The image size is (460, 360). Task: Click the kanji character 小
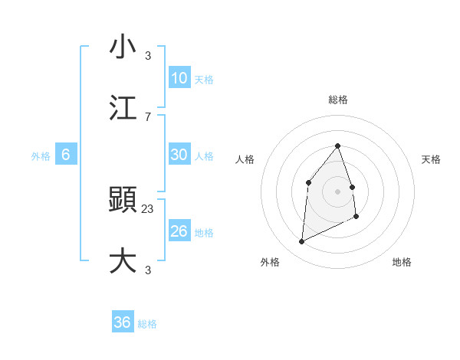coord(123,47)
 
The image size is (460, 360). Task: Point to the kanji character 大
coord(123,260)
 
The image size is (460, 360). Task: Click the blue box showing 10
coord(179,78)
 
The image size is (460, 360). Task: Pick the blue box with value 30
coord(179,155)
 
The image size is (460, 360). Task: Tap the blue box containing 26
coord(179,231)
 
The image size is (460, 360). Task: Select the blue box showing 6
coord(65,155)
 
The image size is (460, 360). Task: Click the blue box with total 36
coord(122,322)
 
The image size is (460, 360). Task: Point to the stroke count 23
coord(148,208)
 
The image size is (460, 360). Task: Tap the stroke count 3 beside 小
coord(148,56)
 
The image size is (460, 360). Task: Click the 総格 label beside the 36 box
coord(147,324)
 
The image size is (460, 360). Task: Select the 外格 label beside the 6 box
coord(41,156)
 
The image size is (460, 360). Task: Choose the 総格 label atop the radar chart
coord(337,100)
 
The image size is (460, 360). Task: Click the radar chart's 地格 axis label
coord(402,262)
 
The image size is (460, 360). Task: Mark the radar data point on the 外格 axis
coord(301,242)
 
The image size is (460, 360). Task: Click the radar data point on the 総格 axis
coord(337,146)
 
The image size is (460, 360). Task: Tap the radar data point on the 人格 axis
coord(308,182)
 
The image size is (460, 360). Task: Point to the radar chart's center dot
coord(337,191)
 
